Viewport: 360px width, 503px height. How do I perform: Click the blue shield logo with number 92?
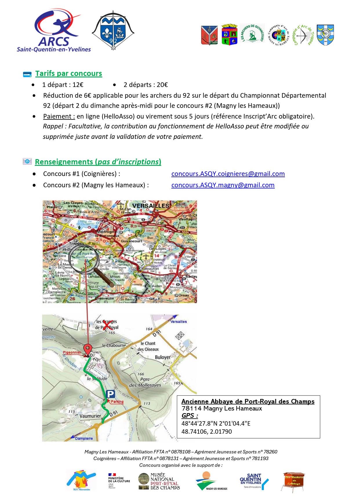coord(113,30)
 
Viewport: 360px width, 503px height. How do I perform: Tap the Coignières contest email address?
coord(228,174)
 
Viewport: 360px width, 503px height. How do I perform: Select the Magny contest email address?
coord(223,185)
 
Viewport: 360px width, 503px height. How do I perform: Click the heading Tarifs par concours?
coord(68,74)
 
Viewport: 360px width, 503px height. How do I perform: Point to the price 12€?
coord(78,85)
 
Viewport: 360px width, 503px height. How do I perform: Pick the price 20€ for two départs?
coord(162,85)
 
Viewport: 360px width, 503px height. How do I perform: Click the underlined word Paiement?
coord(59,116)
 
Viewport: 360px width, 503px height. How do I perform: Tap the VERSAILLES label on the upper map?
coord(151,206)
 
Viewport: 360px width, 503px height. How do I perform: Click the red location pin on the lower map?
coord(87,349)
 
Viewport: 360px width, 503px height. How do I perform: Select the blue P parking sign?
coord(110,394)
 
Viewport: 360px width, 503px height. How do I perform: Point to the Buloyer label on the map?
coord(163,357)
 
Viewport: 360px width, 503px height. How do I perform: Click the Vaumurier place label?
coord(90,416)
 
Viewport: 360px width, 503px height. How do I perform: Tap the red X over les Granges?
coord(108,326)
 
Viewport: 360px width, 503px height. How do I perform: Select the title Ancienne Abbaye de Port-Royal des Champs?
coord(248,401)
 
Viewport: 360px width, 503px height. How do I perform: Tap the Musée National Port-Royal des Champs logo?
coord(159,481)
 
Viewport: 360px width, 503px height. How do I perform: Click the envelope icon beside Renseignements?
coord(27,161)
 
